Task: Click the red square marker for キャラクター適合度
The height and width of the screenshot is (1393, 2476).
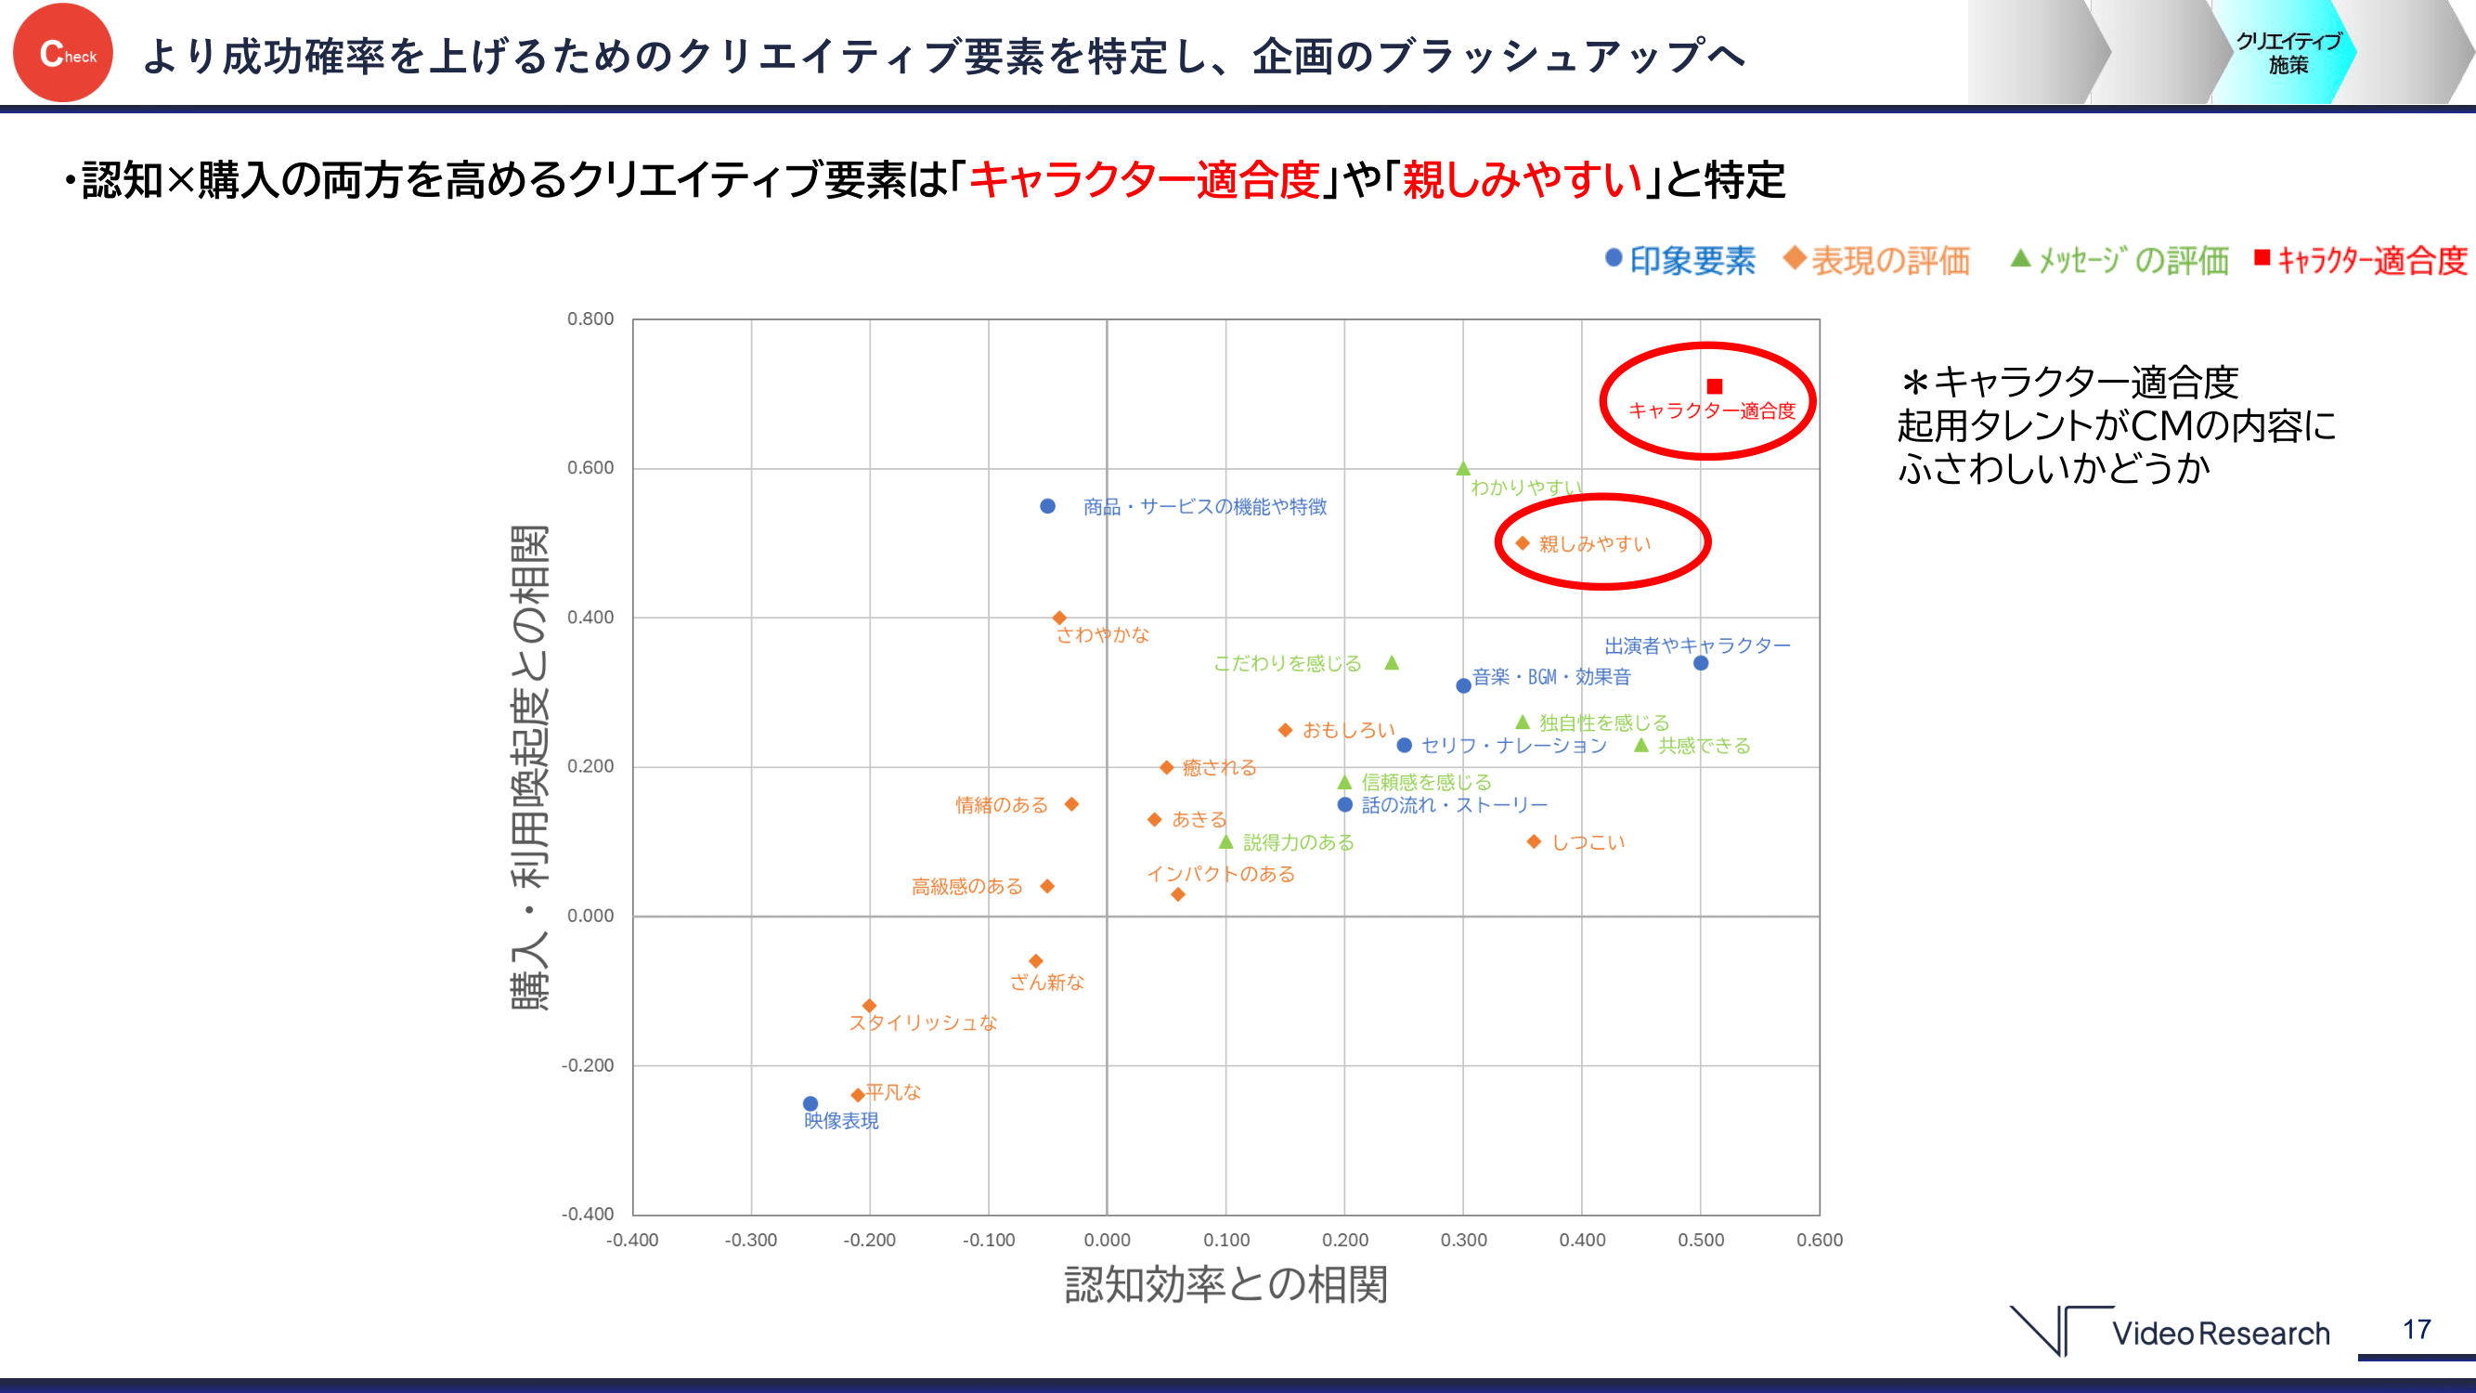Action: pyautogui.click(x=1714, y=386)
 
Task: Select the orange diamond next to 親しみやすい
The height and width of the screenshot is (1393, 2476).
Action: pyautogui.click(x=1523, y=543)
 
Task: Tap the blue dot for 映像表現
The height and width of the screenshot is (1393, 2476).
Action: pyautogui.click(x=810, y=1103)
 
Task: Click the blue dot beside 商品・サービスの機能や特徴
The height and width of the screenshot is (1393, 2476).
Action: pyautogui.click(x=1048, y=507)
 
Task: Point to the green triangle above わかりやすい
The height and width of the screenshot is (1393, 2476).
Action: pyautogui.click(x=1463, y=469)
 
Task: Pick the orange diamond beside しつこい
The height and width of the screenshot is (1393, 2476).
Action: pyautogui.click(x=1534, y=842)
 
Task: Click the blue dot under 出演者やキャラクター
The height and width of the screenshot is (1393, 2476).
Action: pyautogui.click(x=1700, y=663)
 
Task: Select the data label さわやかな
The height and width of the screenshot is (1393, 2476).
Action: pyautogui.click(x=1103, y=635)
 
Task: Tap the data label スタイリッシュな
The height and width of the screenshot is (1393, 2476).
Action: pyautogui.click(x=923, y=1022)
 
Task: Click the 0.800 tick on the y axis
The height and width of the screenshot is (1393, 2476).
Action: pyautogui.click(x=590, y=319)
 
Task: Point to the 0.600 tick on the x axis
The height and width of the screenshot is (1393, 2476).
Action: pyautogui.click(x=1819, y=1240)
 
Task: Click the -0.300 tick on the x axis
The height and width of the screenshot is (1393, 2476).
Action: pyautogui.click(x=751, y=1240)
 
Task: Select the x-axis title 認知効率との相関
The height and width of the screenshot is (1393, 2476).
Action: pyautogui.click(x=1225, y=1285)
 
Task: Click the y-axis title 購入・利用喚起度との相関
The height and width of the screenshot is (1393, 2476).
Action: pyautogui.click(x=529, y=767)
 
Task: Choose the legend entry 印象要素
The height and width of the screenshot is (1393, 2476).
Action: pyautogui.click(x=1681, y=261)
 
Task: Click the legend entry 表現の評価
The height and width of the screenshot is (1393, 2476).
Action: pyautogui.click(x=1877, y=261)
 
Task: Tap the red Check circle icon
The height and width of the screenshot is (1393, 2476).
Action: pyautogui.click(x=63, y=53)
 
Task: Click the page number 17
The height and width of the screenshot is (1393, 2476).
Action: pyautogui.click(x=2418, y=1330)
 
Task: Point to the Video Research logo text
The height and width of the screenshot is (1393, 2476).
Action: pyautogui.click(x=2221, y=1334)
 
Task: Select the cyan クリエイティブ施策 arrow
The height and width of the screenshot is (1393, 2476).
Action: pyautogui.click(x=2288, y=53)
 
